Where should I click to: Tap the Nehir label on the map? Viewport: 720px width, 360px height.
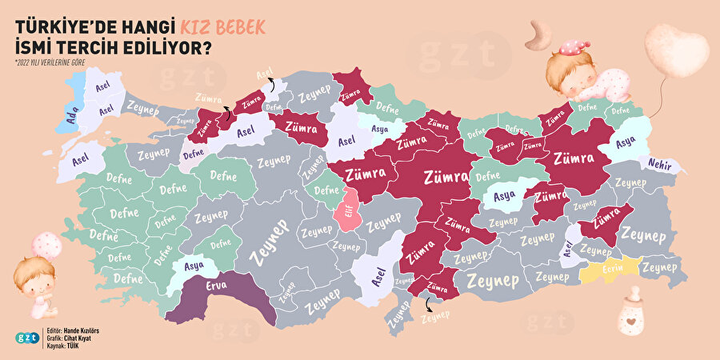660,164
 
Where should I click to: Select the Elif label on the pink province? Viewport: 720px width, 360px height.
348,211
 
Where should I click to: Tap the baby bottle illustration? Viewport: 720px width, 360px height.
631,312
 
